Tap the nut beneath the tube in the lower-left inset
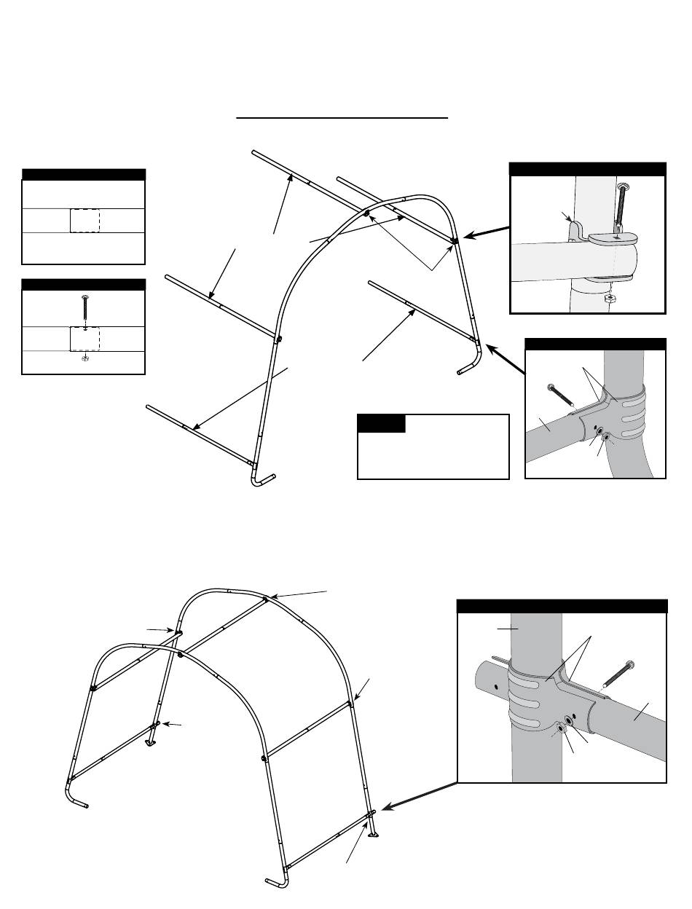coord(85,358)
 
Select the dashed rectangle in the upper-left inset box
coord(85,220)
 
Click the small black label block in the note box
coord(381,423)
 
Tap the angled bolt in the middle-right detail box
coord(559,394)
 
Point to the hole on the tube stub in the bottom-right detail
coord(495,685)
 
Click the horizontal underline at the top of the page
coord(342,117)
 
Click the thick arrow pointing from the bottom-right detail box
coord(417,797)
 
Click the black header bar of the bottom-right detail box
coord(562,606)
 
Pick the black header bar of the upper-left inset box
coord(84,174)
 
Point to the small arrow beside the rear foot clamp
coord(172,724)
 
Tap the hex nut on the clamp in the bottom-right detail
coord(562,728)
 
